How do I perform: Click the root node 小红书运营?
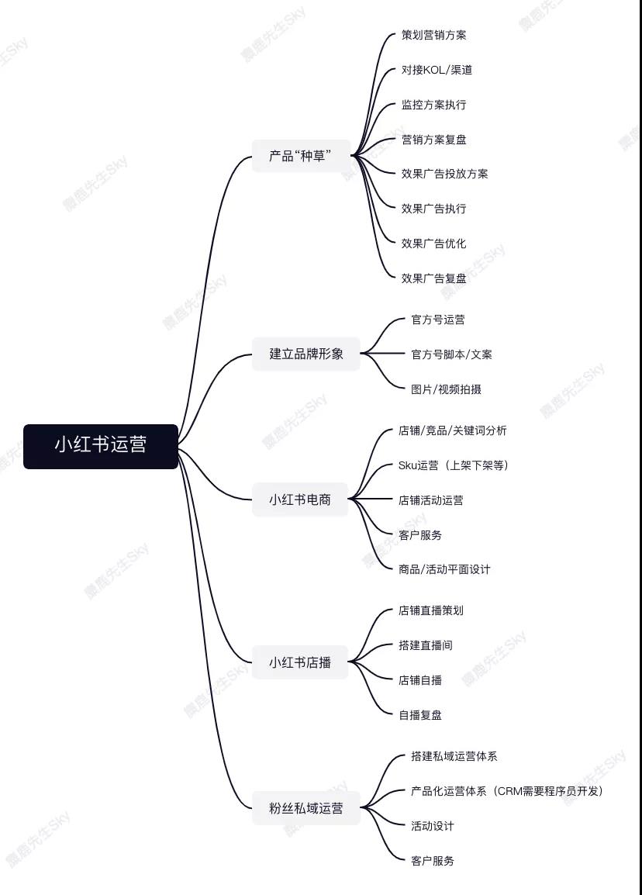101,447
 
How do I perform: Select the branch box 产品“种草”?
301,155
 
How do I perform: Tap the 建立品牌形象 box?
305,354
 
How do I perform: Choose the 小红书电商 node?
299,499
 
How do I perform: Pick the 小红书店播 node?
299,662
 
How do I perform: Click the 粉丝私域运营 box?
305,807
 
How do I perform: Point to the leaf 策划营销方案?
433,35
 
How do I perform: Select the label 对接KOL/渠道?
437,70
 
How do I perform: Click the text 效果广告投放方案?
444,174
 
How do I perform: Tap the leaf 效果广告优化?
433,244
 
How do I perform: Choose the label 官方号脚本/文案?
451,354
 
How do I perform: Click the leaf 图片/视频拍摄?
447,389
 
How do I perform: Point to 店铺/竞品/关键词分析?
453,430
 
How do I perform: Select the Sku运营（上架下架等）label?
454,465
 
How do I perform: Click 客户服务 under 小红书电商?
420,535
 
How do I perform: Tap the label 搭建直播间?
426,645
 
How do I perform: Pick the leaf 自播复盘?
420,714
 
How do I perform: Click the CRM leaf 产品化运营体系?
507,790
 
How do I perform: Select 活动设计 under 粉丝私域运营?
433,825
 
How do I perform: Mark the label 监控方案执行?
433,105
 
